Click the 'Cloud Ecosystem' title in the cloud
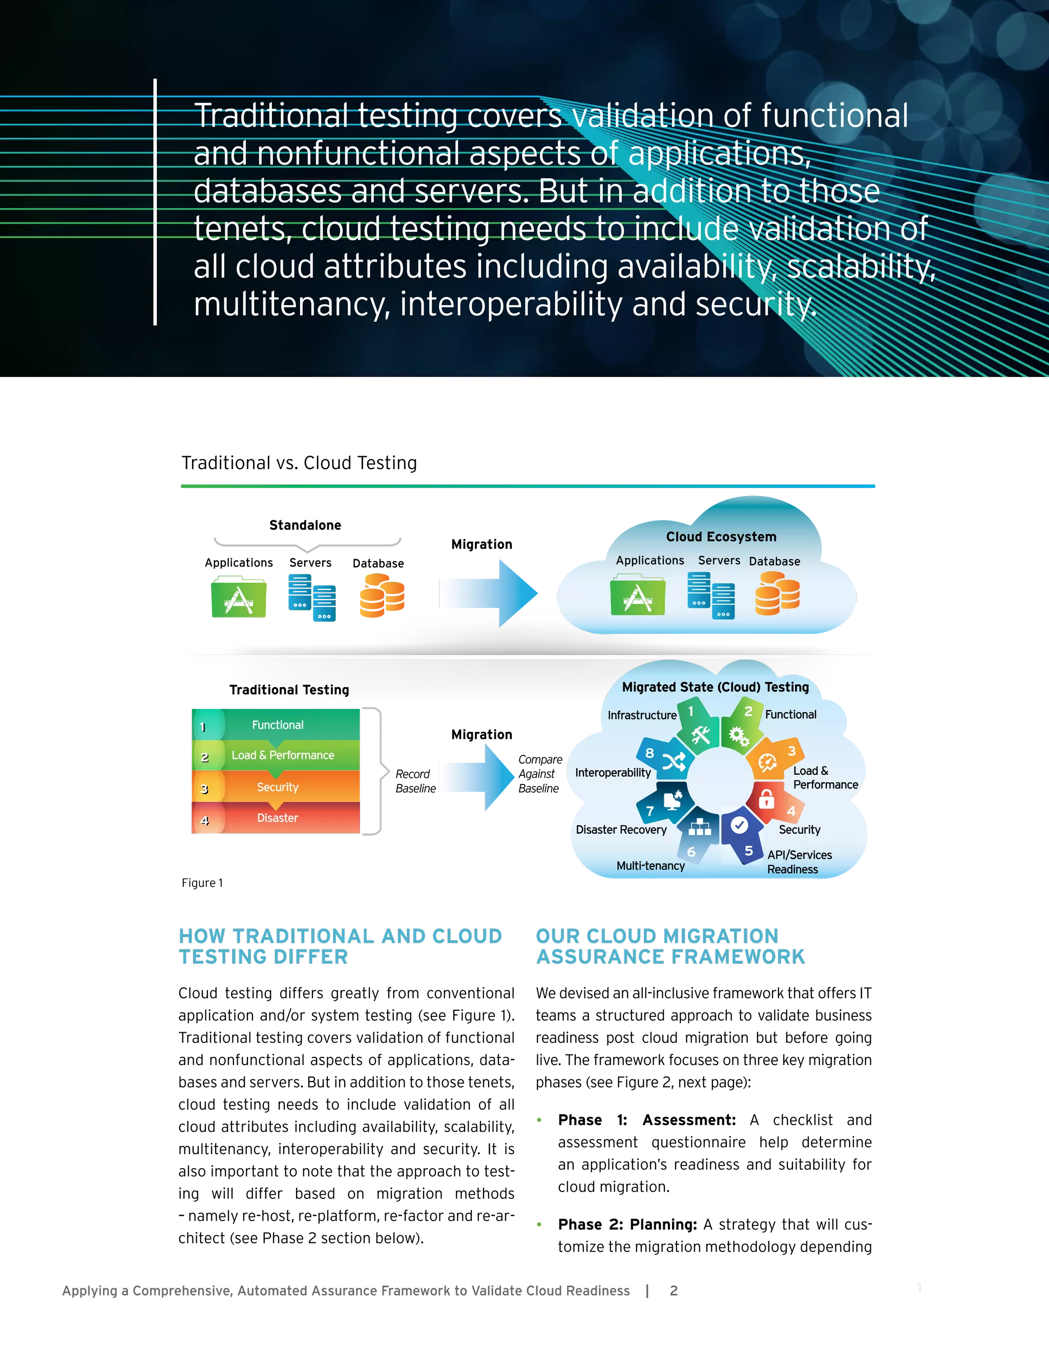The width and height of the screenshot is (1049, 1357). click(x=721, y=537)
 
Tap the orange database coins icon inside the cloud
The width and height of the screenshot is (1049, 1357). click(x=777, y=594)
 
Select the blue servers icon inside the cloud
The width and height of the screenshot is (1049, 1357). click(x=711, y=595)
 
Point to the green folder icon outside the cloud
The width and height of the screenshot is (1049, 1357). click(x=239, y=597)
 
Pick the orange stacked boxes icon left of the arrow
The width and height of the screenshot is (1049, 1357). click(x=381, y=595)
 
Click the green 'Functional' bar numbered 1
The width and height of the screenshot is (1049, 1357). click(x=277, y=725)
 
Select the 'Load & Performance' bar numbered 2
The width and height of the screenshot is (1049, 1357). click(x=282, y=755)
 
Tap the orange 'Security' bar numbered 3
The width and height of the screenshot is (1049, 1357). click(x=277, y=787)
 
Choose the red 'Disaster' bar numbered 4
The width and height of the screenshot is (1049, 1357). click(x=277, y=818)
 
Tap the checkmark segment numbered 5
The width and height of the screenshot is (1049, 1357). click(x=741, y=833)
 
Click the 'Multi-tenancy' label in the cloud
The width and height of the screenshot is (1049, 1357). click(x=650, y=865)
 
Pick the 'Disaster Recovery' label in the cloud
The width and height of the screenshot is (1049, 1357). click(x=621, y=830)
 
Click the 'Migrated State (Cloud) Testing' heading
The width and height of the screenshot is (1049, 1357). click(x=715, y=687)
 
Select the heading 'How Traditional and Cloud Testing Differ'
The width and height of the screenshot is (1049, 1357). click(x=340, y=946)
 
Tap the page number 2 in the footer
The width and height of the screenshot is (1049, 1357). click(x=673, y=1290)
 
